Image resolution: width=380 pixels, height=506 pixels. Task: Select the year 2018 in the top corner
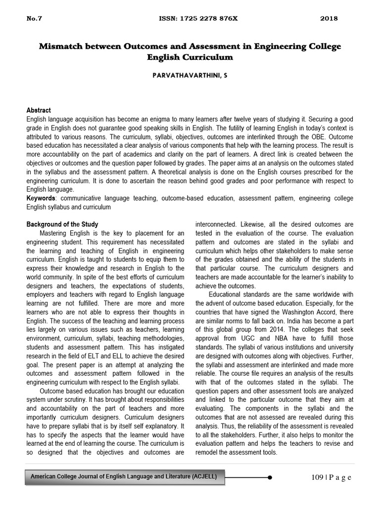coord(329,19)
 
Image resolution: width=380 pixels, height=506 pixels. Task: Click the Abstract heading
coord(38,110)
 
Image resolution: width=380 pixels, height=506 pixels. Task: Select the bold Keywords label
coord(41,198)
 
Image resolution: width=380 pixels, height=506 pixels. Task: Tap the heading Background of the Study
coord(62,224)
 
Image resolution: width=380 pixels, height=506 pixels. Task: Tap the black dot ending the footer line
coord(269,477)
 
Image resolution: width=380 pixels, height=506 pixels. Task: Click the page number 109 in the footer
coord(318,477)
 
